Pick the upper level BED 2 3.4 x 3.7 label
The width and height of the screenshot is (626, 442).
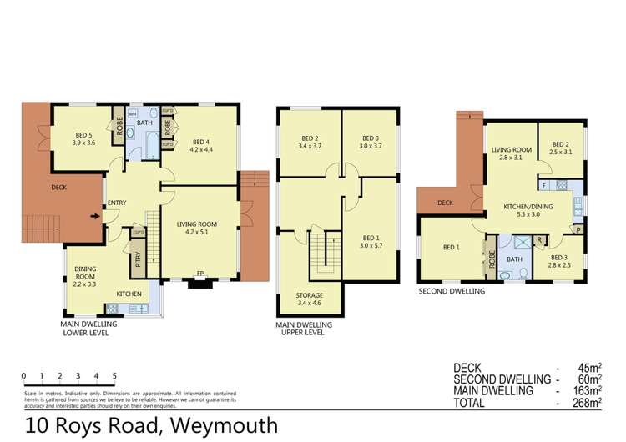click(x=310, y=143)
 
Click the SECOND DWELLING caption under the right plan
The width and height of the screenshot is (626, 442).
click(x=452, y=292)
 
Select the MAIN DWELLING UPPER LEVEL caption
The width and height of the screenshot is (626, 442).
click(x=304, y=328)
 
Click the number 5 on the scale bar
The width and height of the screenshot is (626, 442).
click(x=114, y=376)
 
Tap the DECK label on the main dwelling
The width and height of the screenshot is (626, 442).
click(x=60, y=188)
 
